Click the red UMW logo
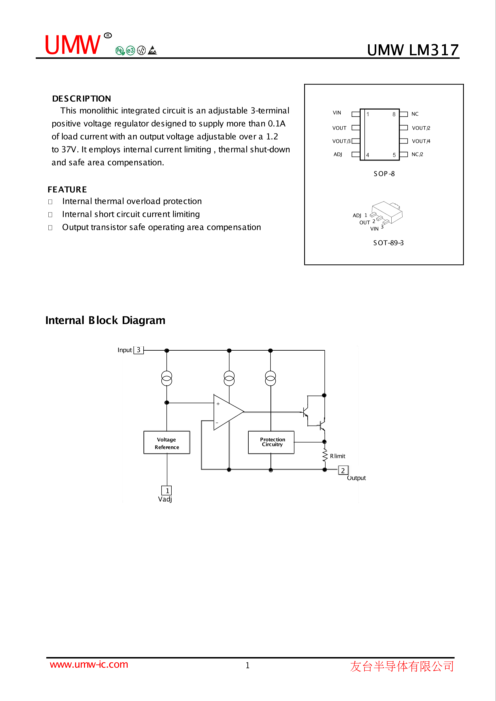[73, 45]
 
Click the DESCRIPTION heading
[82, 99]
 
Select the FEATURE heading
[67, 189]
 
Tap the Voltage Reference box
[167, 443]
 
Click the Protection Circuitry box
[271, 442]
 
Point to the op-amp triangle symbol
[227, 412]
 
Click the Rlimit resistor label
[338, 456]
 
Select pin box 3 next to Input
[139, 350]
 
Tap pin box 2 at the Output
[343, 470]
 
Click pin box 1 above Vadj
[167, 490]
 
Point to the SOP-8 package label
[384, 174]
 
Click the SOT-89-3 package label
[388, 243]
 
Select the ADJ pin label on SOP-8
[338, 154]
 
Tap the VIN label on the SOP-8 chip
[337, 113]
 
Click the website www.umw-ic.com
[89, 665]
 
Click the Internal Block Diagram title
[105, 320]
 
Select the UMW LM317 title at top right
[413, 50]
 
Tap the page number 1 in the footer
[248, 665]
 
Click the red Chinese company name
[402, 666]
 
